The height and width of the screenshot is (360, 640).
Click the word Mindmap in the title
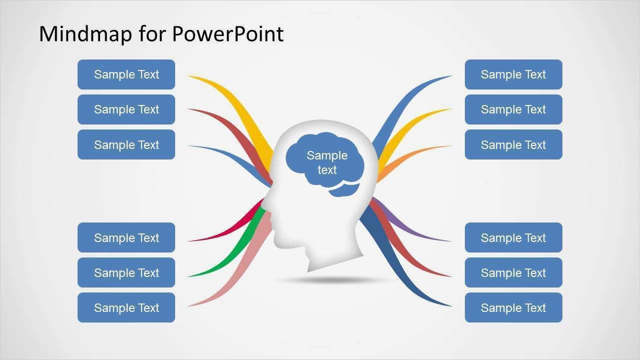[86, 33]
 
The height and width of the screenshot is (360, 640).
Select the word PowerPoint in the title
[228, 33]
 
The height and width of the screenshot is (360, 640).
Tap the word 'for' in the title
[152, 33]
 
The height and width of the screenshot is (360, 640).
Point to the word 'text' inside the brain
[327, 170]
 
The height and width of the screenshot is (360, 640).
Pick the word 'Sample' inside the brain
[327, 155]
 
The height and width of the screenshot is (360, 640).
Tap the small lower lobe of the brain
[344, 190]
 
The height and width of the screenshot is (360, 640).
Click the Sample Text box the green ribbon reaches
[126, 272]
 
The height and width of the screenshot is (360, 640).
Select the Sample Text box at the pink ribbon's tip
[126, 307]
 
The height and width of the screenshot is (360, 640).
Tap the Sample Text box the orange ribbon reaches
[513, 144]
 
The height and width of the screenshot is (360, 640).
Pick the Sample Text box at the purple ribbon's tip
[513, 237]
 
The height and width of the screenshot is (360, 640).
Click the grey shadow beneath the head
[334, 280]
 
